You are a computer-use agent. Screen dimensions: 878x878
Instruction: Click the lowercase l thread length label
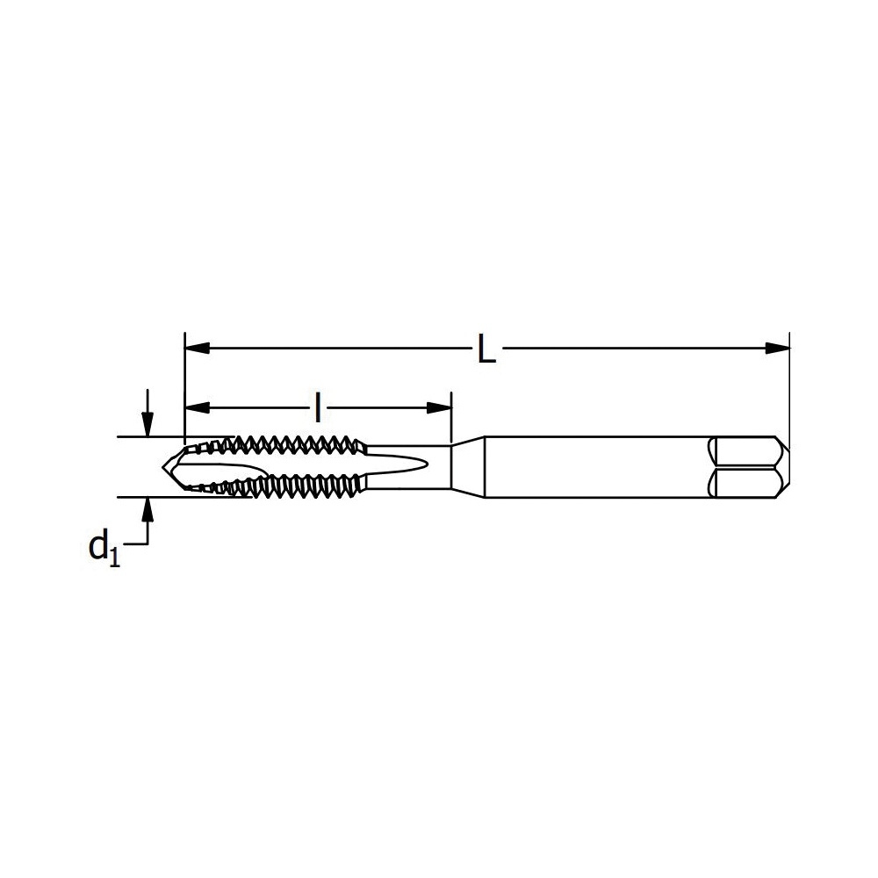click(318, 407)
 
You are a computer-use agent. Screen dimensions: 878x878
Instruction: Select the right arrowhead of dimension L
click(777, 348)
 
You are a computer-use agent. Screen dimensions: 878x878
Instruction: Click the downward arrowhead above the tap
click(148, 425)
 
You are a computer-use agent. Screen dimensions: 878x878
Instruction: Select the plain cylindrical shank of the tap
click(597, 466)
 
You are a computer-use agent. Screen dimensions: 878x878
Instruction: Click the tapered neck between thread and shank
click(468, 466)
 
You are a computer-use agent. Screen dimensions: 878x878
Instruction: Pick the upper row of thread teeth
click(290, 442)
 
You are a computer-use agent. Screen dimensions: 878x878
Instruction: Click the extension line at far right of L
click(789, 386)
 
